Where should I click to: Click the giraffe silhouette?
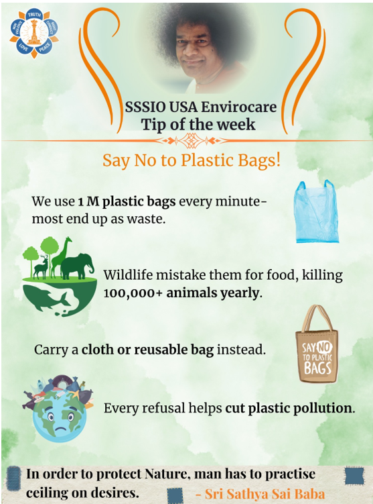[x=62, y=257]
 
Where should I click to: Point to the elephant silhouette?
[x=77, y=266]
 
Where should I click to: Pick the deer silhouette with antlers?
[x=42, y=267]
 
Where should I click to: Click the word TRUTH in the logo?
[x=34, y=15]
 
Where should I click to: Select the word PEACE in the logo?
[x=45, y=47]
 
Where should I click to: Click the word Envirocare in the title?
[x=238, y=107]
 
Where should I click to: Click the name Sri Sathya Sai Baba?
[x=265, y=494]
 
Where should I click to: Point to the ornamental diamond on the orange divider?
[x=186, y=140]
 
